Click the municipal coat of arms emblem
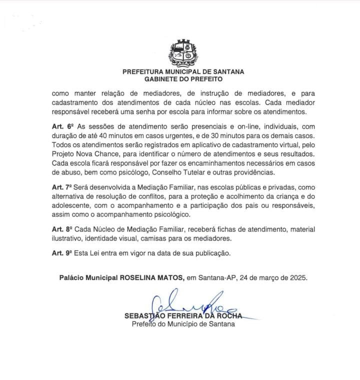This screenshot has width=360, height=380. pyautogui.click(x=183, y=53)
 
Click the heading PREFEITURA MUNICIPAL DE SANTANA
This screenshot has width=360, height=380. pyautogui.click(x=183, y=71)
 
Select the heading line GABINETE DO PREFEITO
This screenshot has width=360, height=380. pyautogui.click(x=183, y=78)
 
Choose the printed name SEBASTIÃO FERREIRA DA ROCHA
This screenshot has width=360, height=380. pyautogui.click(x=183, y=316)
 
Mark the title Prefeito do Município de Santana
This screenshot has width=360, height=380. pyautogui.click(x=183, y=323)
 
